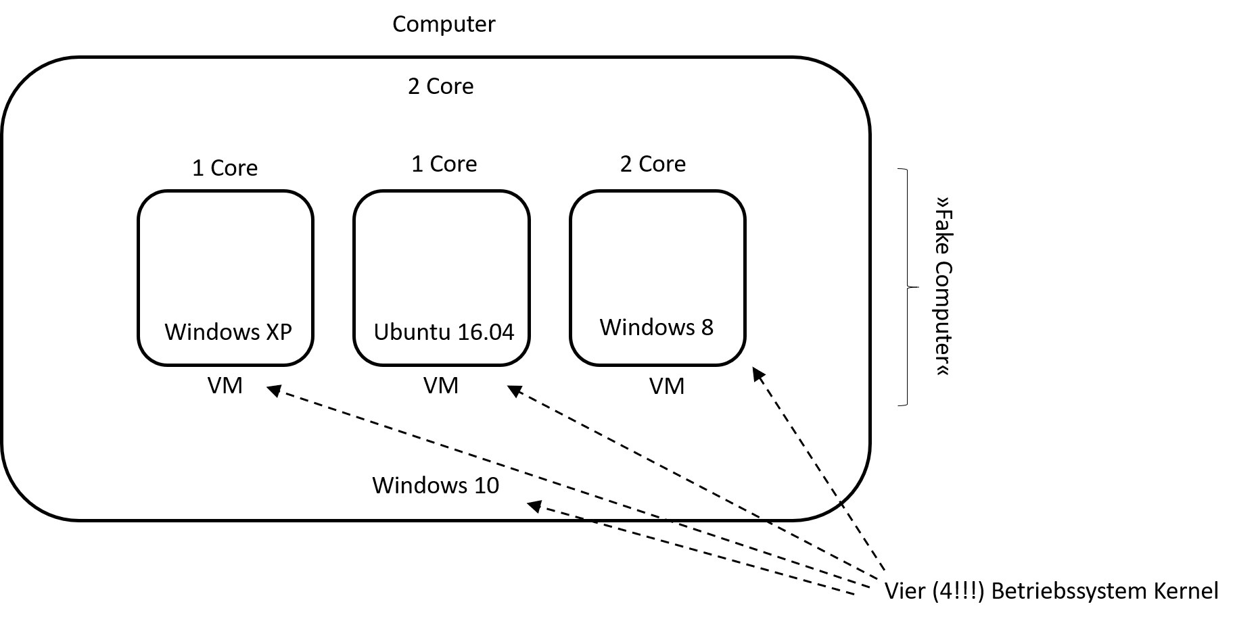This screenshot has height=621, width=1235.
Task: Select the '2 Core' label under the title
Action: pos(440,86)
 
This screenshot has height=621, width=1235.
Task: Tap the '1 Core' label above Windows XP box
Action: pos(225,168)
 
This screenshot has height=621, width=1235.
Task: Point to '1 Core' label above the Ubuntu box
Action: pos(444,164)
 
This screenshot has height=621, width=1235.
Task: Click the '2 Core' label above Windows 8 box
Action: pos(653,164)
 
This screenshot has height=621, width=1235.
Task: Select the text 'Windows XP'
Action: pos(228,332)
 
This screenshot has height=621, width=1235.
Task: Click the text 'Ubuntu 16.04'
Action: pos(444,332)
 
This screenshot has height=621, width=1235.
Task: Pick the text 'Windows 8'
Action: pos(656,327)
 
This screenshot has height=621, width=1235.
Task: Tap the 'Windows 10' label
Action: pos(436,485)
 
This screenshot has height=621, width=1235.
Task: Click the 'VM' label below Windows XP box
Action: pos(225,385)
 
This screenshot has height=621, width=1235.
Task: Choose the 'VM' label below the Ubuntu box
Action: pos(441,385)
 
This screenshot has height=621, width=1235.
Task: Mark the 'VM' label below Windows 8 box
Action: pos(667,386)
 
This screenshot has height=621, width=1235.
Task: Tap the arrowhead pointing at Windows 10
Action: pos(535,506)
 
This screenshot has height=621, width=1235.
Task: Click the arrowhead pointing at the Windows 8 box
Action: pos(759,375)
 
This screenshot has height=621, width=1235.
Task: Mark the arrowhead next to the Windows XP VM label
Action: pos(275,390)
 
